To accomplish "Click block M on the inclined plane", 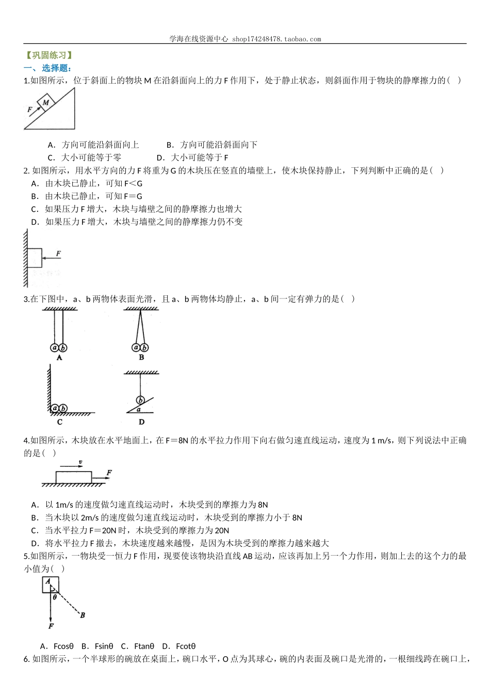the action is pyautogui.click(x=46, y=102).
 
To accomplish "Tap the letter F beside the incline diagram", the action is pyautogui.click(x=29, y=109).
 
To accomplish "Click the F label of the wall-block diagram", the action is pyautogui.click(x=58, y=254).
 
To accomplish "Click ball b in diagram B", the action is pyautogui.click(x=144, y=348).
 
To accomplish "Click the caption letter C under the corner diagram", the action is pyautogui.click(x=60, y=422).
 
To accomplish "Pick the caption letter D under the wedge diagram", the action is pyautogui.click(x=141, y=422).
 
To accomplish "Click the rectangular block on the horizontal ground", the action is pyautogui.click(x=74, y=477).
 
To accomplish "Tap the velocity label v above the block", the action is pyautogui.click(x=80, y=462).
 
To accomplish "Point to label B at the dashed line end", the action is pyautogui.click(x=83, y=615).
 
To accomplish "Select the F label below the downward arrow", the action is pyautogui.click(x=51, y=626).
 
